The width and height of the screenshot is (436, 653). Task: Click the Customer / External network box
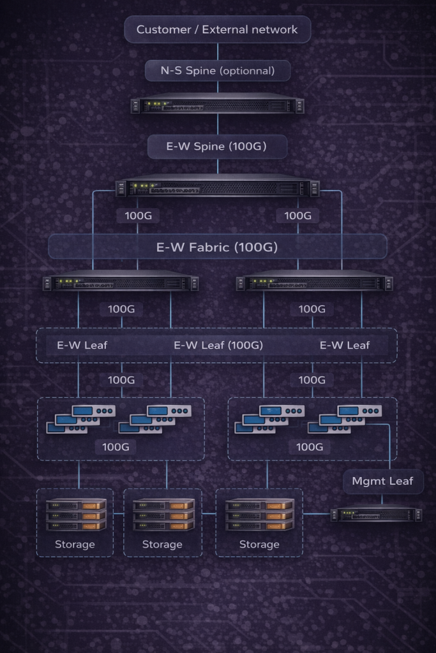(x=217, y=29)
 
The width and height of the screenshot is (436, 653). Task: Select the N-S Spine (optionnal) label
(x=217, y=70)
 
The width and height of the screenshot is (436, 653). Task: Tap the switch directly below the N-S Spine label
(x=217, y=105)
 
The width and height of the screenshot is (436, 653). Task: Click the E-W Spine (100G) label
(x=217, y=146)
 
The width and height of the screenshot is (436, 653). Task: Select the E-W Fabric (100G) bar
(x=217, y=247)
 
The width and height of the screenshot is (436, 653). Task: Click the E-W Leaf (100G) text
(x=218, y=346)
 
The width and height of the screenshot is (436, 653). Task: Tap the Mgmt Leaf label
(x=382, y=481)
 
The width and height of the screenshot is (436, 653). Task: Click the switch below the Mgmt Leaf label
(x=376, y=513)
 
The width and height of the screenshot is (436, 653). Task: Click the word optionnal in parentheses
(x=246, y=71)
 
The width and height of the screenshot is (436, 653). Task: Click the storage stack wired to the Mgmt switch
(x=259, y=515)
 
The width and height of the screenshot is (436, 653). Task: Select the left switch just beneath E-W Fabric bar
(x=121, y=282)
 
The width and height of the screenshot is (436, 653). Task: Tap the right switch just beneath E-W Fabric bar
(x=314, y=282)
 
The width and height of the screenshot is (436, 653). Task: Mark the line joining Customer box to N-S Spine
(x=218, y=52)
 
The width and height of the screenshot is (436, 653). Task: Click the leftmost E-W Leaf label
(x=82, y=346)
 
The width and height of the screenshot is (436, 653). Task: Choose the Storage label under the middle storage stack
(x=162, y=545)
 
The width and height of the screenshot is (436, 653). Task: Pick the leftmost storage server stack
(x=75, y=515)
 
